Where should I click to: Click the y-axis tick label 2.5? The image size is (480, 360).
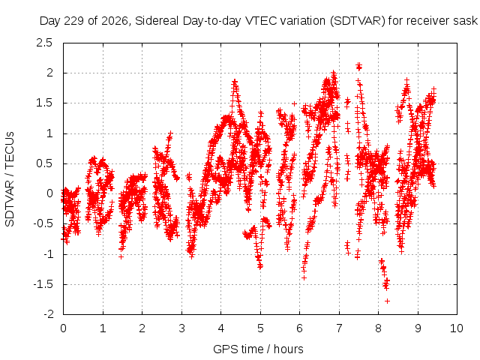coord(44,43)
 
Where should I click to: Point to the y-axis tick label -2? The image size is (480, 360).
coord(47,314)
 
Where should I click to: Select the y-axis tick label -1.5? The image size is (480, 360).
coord(43,284)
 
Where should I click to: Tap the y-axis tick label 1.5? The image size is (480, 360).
coord(44,103)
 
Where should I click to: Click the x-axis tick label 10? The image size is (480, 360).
coord(457,328)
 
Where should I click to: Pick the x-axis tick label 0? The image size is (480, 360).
coord(63,328)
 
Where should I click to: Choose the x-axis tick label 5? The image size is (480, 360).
coord(260,328)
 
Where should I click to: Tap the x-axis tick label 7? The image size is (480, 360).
coord(339,328)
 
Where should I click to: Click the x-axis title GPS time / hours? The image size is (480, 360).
coord(258,349)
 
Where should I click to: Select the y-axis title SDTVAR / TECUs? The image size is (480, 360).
coord(10,179)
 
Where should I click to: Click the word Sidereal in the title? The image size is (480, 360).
coord(157,21)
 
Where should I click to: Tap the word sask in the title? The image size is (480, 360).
coord(466,21)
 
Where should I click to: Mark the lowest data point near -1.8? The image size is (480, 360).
coord(387,301)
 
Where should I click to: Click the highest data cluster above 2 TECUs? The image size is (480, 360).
coord(358,66)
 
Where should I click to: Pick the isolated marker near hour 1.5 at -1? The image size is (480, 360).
coord(121,256)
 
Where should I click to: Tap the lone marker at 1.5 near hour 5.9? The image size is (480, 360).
coord(294,103)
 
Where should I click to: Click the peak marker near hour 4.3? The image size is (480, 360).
coord(235,81)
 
